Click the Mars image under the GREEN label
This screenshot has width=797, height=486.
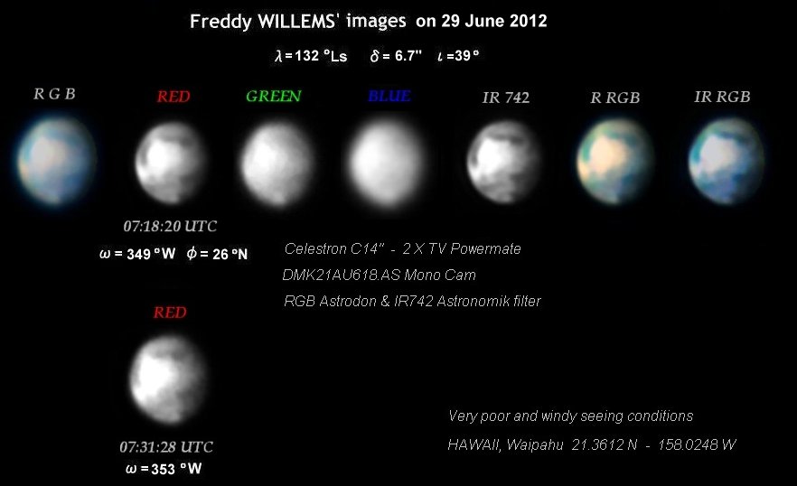[277, 164]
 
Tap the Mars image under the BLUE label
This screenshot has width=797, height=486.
[388, 164]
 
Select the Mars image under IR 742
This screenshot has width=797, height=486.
[503, 162]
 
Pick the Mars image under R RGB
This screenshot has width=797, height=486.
[615, 162]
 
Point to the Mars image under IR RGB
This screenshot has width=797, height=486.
[727, 162]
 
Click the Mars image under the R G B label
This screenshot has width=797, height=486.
[56, 161]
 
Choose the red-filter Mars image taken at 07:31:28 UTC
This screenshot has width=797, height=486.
[168, 379]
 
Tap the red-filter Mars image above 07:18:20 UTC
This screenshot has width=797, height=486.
[171, 163]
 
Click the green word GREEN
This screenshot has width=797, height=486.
[274, 96]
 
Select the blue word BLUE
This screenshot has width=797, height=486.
[389, 96]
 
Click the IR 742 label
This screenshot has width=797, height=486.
[506, 98]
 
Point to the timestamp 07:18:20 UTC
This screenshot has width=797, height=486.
[170, 226]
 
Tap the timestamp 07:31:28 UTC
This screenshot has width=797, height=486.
[166, 447]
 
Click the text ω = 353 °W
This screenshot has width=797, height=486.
[164, 469]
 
